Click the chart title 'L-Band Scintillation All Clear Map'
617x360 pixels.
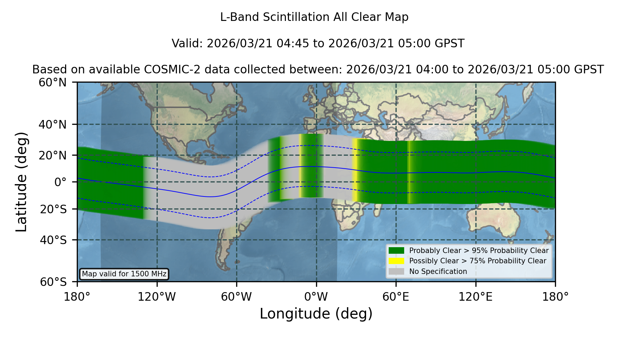click(x=314, y=17)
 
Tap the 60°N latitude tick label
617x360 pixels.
click(x=53, y=82)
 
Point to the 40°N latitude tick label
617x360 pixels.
click(x=53, y=124)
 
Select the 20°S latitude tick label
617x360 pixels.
click(x=53, y=209)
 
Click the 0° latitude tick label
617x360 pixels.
click(x=61, y=182)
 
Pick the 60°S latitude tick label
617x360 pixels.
click(x=53, y=282)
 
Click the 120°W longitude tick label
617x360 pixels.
click(x=157, y=297)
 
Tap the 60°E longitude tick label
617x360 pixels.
click(x=396, y=297)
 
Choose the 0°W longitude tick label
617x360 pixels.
click(x=316, y=297)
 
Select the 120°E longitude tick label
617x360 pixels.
click(x=475, y=297)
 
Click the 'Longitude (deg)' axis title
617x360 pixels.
click(x=316, y=314)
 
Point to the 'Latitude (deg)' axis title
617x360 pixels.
click(x=21, y=182)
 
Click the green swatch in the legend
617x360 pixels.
click(x=396, y=250)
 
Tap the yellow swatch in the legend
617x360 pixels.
click(x=396, y=261)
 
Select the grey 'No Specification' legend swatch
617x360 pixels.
click(x=396, y=272)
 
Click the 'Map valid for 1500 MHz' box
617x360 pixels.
click(x=124, y=274)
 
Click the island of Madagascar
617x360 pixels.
click(x=378, y=208)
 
